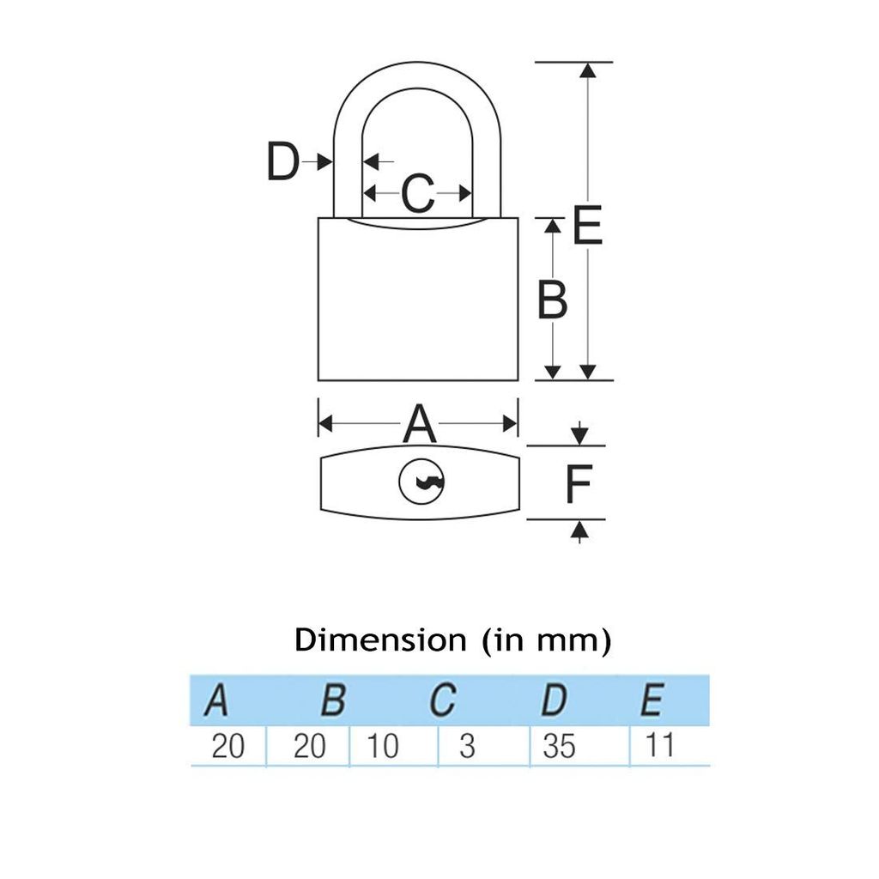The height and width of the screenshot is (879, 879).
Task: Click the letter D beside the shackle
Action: coord(283,161)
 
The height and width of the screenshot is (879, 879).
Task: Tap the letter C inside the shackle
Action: coord(418,193)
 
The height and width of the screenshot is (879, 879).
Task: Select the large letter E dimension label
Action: coord(587,226)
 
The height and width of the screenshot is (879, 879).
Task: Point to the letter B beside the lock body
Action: coord(552,300)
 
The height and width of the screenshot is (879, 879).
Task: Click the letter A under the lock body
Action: coord(419,424)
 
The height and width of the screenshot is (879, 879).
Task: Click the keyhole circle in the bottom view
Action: coord(421,482)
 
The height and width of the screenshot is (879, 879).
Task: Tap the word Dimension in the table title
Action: coord(380,640)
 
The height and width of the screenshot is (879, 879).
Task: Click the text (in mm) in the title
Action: coord(547,640)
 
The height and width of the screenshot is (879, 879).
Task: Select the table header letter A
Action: coord(217,700)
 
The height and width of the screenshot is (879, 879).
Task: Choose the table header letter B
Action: coord(334,700)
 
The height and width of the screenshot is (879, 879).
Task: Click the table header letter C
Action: coord(442,700)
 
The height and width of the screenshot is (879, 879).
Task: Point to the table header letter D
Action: coord(554,700)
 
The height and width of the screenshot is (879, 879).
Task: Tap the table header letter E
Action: coord(652,700)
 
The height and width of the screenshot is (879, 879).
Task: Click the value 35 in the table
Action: coord(559,746)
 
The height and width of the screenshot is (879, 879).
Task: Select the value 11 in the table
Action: coord(659,745)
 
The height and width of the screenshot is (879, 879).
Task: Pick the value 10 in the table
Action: coord(382,746)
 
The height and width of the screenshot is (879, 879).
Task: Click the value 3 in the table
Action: coord(467,746)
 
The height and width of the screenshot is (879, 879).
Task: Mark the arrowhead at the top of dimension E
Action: coord(587,70)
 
